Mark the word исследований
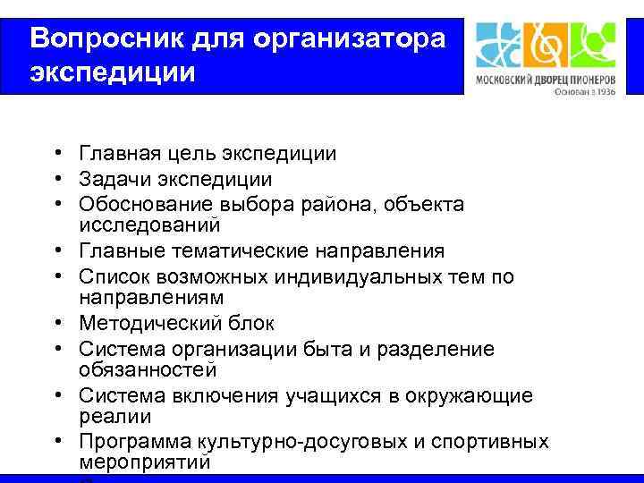pyautogui.click(x=149, y=224)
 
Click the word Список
pyautogui.click(x=108, y=277)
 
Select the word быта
pyautogui.click(x=305, y=349)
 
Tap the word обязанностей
pyautogui.click(x=147, y=369)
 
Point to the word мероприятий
pyautogui.click(x=145, y=462)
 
